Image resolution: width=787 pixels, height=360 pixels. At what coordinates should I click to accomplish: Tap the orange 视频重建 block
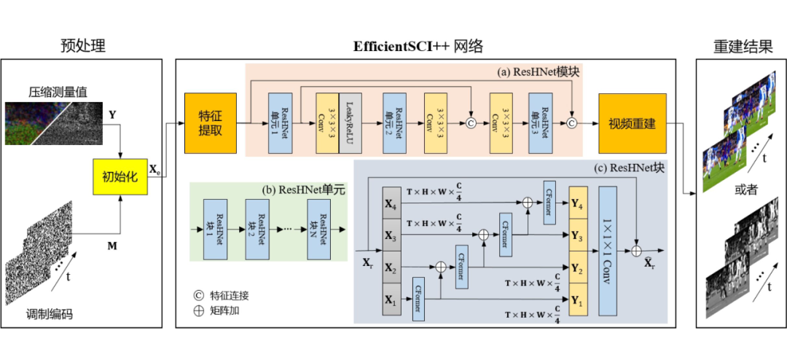633,123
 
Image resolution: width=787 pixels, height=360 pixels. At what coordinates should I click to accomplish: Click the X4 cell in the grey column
391,205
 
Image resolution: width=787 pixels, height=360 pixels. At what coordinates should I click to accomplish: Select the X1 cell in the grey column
391,300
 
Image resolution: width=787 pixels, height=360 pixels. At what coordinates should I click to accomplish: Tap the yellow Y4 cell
577,205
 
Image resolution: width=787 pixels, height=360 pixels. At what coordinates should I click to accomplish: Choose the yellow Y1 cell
577,300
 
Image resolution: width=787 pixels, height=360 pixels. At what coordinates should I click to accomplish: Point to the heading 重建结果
742,47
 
